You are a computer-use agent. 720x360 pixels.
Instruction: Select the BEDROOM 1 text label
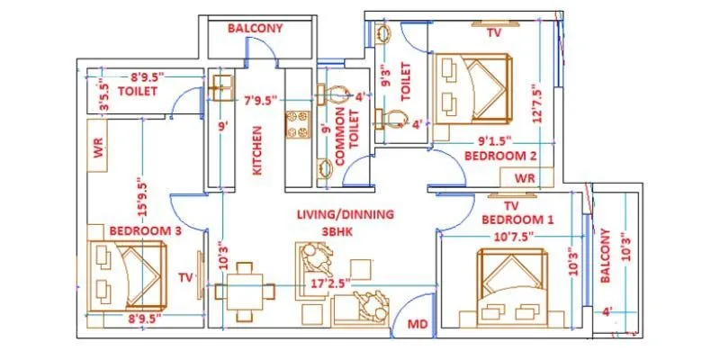[518, 220]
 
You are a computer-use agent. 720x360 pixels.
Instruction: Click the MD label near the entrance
[418, 322]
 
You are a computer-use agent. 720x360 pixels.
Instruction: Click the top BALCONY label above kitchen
[255, 28]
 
